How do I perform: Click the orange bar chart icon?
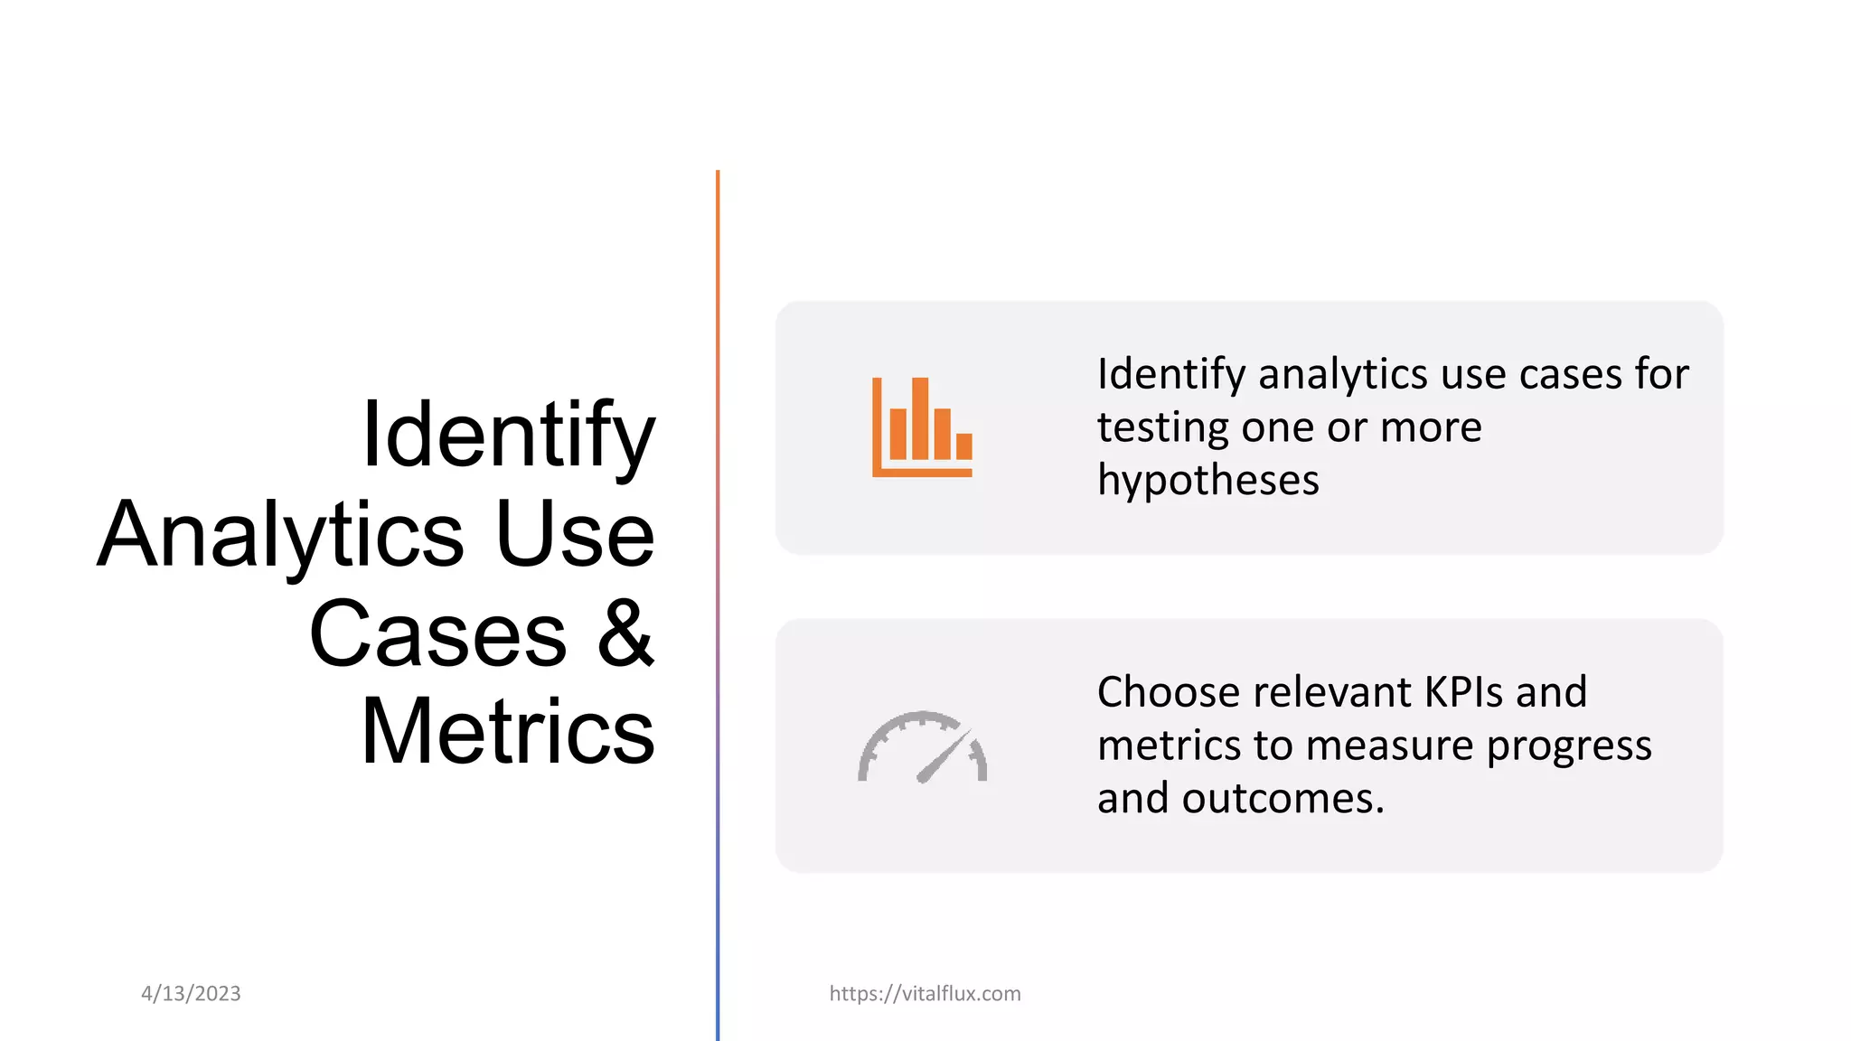point(922,427)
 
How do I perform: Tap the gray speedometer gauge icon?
point(922,747)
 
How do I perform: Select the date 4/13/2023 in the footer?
point(191,993)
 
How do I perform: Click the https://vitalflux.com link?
point(925,993)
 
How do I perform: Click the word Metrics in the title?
point(508,732)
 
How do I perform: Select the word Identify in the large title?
point(508,436)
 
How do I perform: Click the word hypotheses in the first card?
point(1207,480)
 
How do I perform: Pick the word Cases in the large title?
point(437,634)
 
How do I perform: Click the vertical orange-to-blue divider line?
point(718,596)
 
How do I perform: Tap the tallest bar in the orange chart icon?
point(920,417)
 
